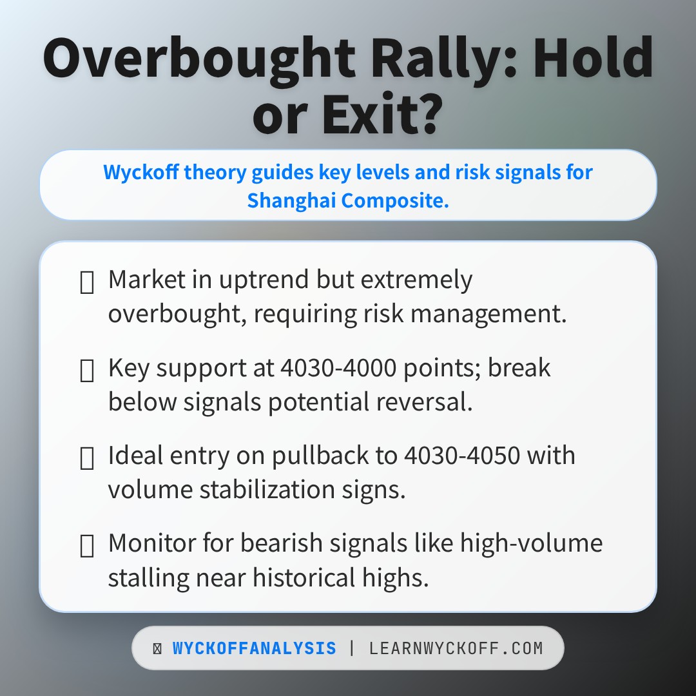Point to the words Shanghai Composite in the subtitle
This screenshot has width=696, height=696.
(x=347, y=200)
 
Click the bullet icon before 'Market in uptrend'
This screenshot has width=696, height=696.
(x=86, y=282)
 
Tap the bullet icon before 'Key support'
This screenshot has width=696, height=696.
(x=86, y=370)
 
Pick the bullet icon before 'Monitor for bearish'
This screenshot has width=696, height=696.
(x=86, y=545)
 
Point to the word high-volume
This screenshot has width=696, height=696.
(x=531, y=543)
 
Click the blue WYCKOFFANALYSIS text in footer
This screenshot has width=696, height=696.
(x=254, y=648)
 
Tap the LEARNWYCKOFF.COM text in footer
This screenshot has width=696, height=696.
(x=456, y=648)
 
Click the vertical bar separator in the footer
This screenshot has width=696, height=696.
(x=352, y=648)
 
